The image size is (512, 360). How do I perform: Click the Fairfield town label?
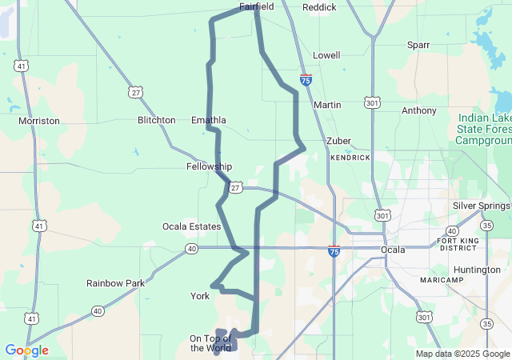(257, 6)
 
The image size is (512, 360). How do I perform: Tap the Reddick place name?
(319, 7)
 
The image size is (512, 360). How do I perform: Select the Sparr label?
(418, 45)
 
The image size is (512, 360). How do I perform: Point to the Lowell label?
(326, 55)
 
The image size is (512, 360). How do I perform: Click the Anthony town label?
(419, 110)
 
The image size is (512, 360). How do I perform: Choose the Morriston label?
(39, 121)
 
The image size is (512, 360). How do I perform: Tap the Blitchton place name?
(156, 120)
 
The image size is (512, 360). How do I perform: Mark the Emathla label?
(209, 120)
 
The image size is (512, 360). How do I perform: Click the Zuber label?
(338, 141)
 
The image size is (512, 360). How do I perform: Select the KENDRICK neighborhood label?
(350, 158)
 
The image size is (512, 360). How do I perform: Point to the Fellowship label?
(209, 166)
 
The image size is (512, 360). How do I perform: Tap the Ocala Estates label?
(191, 226)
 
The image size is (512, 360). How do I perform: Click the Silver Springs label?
(481, 206)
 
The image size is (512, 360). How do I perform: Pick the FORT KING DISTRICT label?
(458, 244)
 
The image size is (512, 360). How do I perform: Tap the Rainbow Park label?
(116, 283)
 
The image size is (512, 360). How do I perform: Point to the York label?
(200, 296)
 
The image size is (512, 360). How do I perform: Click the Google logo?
(26, 350)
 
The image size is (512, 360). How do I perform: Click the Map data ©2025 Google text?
(462, 354)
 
